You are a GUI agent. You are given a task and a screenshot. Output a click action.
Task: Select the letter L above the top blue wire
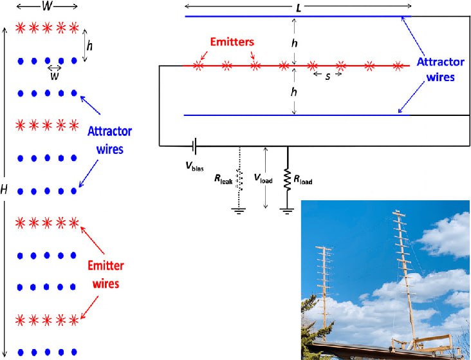[298, 8]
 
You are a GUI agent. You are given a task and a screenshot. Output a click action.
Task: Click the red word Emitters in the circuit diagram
[231, 42]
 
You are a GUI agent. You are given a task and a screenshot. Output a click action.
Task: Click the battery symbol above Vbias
[193, 146]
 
